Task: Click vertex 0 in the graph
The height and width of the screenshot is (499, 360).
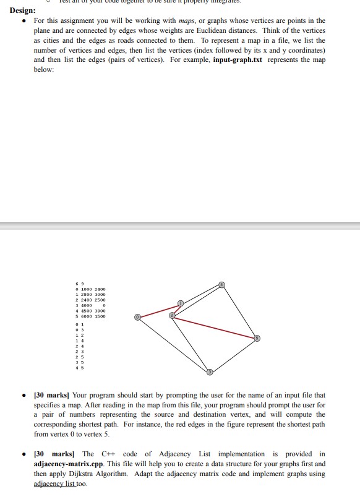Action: click(x=139, y=316)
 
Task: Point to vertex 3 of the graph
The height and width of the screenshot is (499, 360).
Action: click(x=210, y=371)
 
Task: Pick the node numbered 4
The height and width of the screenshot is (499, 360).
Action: click(x=223, y=285)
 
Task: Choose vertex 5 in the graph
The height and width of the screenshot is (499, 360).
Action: click(x=257, y=338)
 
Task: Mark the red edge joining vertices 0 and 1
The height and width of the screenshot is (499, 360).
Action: click(x=160, y=310)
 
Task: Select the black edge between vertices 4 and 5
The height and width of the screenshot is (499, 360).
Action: click(x=240, y=311)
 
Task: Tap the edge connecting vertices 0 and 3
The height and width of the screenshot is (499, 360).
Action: click(x=174, y=344)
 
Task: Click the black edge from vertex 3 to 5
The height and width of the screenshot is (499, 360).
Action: click(x=234, y=355)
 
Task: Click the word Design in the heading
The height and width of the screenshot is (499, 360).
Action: click(x=22, y=11)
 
